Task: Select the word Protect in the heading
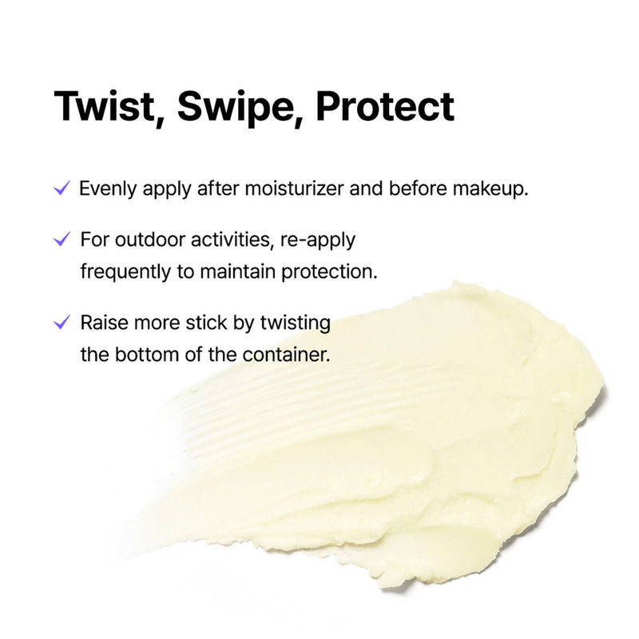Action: pos(386,106)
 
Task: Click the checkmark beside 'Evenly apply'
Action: pos(61,190)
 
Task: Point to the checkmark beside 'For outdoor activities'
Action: pos(61,239)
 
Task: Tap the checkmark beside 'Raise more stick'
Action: pos(61,323)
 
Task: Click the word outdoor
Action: pos(141,240)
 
